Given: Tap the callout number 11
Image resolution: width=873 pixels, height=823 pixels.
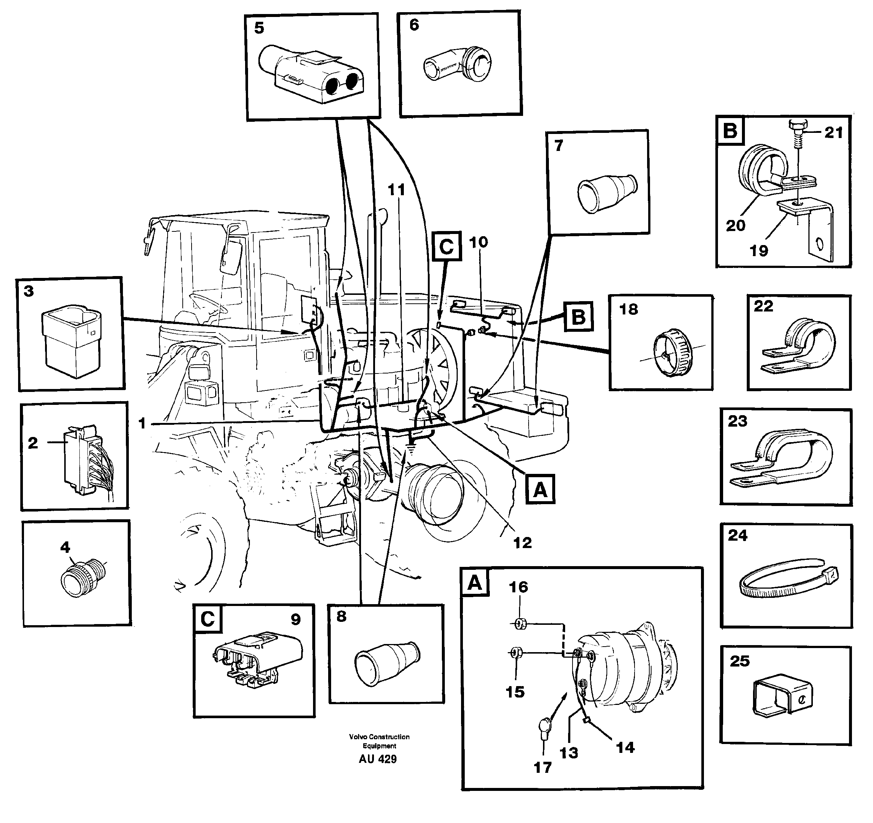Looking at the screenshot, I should click(x=396, y=190).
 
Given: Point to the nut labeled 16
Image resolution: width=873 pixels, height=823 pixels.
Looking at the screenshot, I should click(x=519, y=623).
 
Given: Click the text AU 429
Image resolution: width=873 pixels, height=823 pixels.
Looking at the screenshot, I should click(x=377, y=759).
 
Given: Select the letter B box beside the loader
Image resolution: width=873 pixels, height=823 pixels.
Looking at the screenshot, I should click(x=578, y=316).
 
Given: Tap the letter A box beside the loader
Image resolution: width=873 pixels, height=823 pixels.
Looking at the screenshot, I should click(x=540, y=489).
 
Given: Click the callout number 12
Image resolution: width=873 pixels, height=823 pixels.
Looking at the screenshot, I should click(x=523, y=543).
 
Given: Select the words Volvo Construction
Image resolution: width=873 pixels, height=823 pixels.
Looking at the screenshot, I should click(x=379, y=737).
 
